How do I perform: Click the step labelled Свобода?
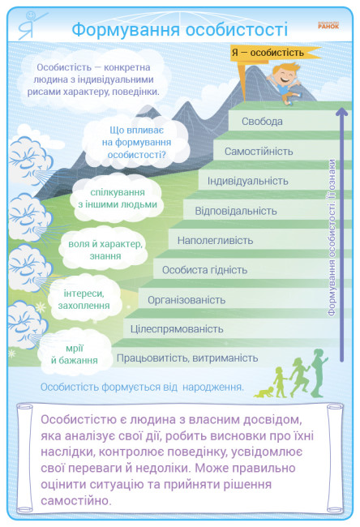pos(262,122)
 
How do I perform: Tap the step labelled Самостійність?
pos(259,152)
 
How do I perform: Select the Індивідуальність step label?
pos(248,181)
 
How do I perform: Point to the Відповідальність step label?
pos(236,211)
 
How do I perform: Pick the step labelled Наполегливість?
pos(215,240)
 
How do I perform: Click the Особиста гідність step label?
pos(204,270)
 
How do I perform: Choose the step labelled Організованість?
pos(186,300)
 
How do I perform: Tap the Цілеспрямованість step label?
pos(177,328)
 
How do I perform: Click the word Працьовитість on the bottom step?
pos(151,358)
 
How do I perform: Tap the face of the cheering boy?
pos(285,77)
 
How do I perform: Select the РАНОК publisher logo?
pos(328,26)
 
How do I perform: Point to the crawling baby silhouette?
pos(264,392)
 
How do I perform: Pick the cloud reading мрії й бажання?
pos(75,353)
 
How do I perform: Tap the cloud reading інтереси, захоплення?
pos(84,299)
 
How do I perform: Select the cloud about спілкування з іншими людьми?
pos(118,199)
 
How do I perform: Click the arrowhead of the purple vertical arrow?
pos(342,112)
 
